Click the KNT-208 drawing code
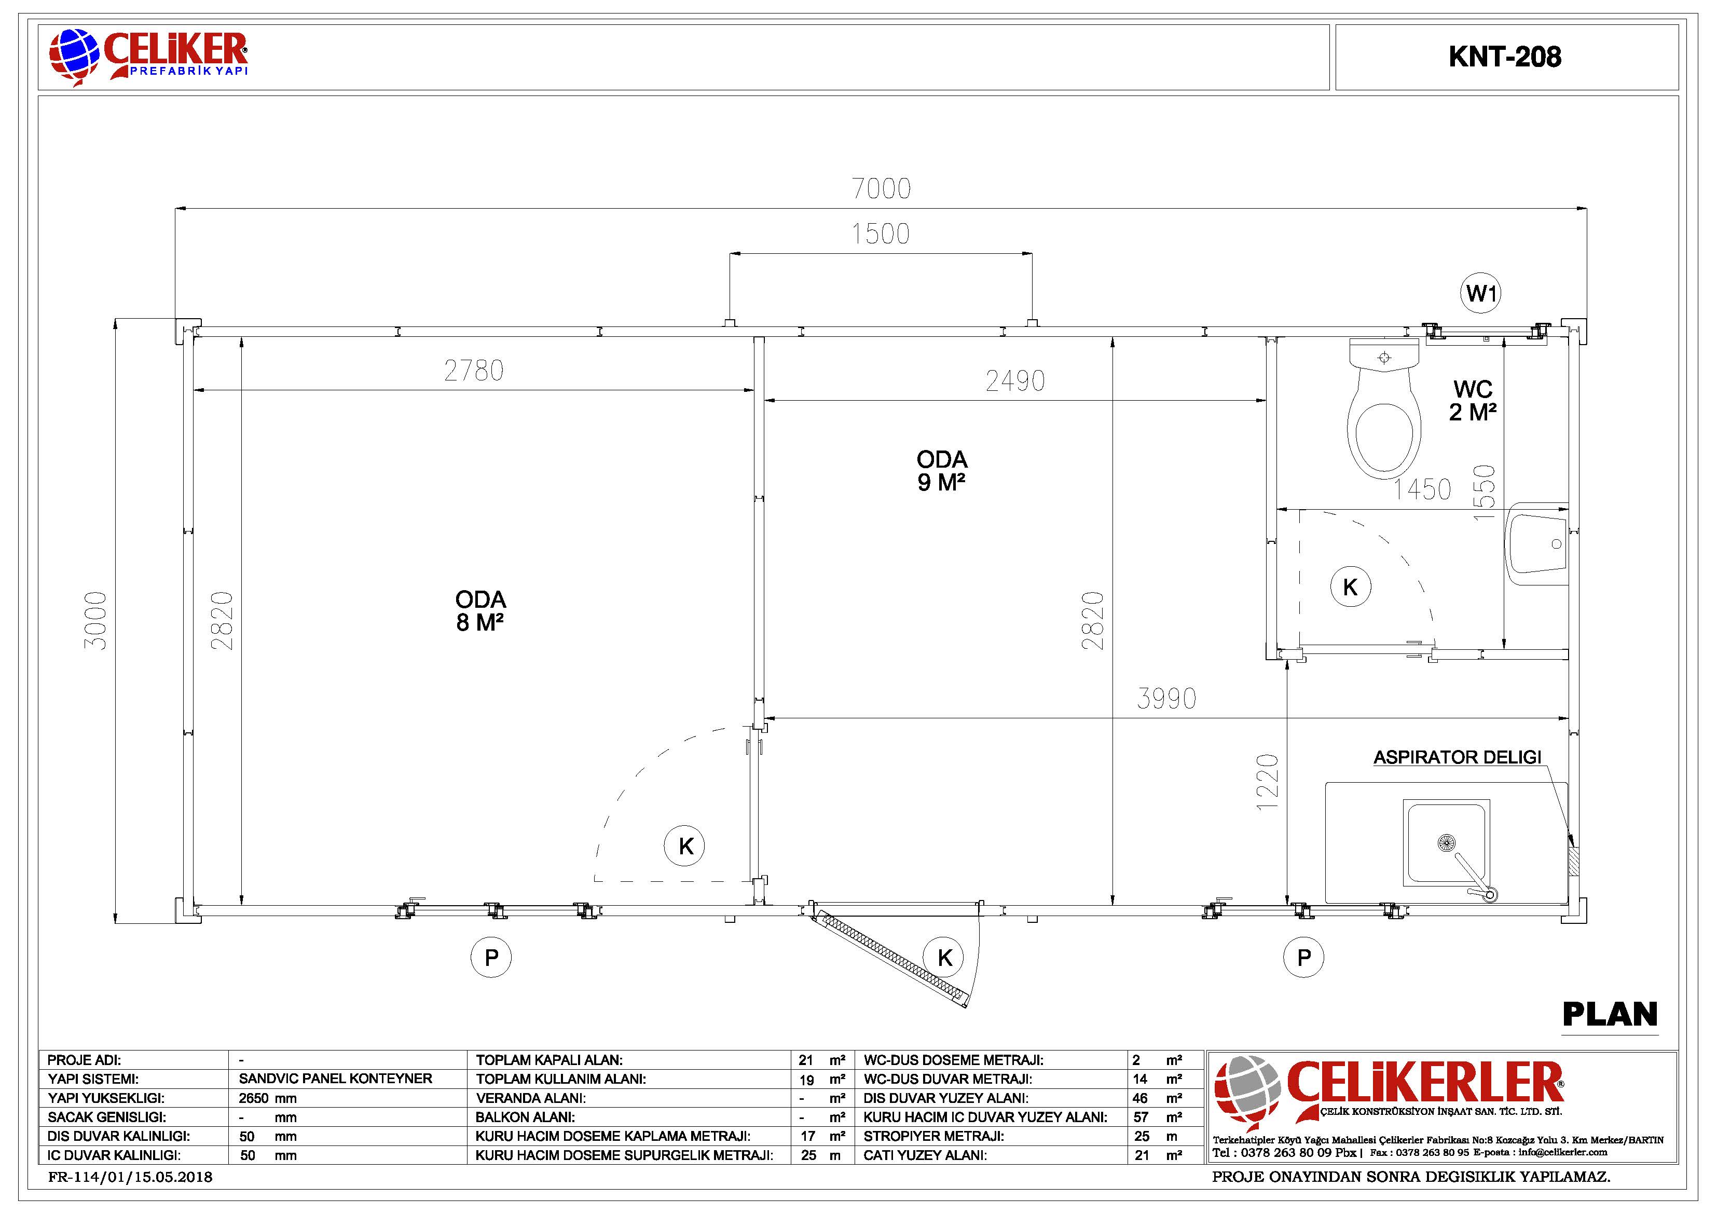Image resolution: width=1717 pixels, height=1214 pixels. (x=1505, y=57)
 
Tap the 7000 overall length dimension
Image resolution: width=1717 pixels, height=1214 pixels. (x=882, y=188)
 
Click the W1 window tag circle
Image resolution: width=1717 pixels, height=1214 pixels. (x=1481, y=293)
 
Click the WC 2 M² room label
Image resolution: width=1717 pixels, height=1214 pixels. (x=1473, y=400)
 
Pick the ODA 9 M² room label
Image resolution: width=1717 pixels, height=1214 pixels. (x=941, y=470)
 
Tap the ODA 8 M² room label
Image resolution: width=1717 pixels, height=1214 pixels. (x=480, y=610)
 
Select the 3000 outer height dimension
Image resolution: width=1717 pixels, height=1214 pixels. (x=95, y=621)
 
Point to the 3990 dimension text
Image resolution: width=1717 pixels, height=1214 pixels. (x=1166, y=699)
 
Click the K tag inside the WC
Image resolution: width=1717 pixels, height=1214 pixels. (x=1351, y=587)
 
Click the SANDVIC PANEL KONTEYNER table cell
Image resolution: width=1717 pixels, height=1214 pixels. (x=336, y=1079)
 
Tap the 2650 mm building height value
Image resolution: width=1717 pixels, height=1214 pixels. (x=268, y=1098)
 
